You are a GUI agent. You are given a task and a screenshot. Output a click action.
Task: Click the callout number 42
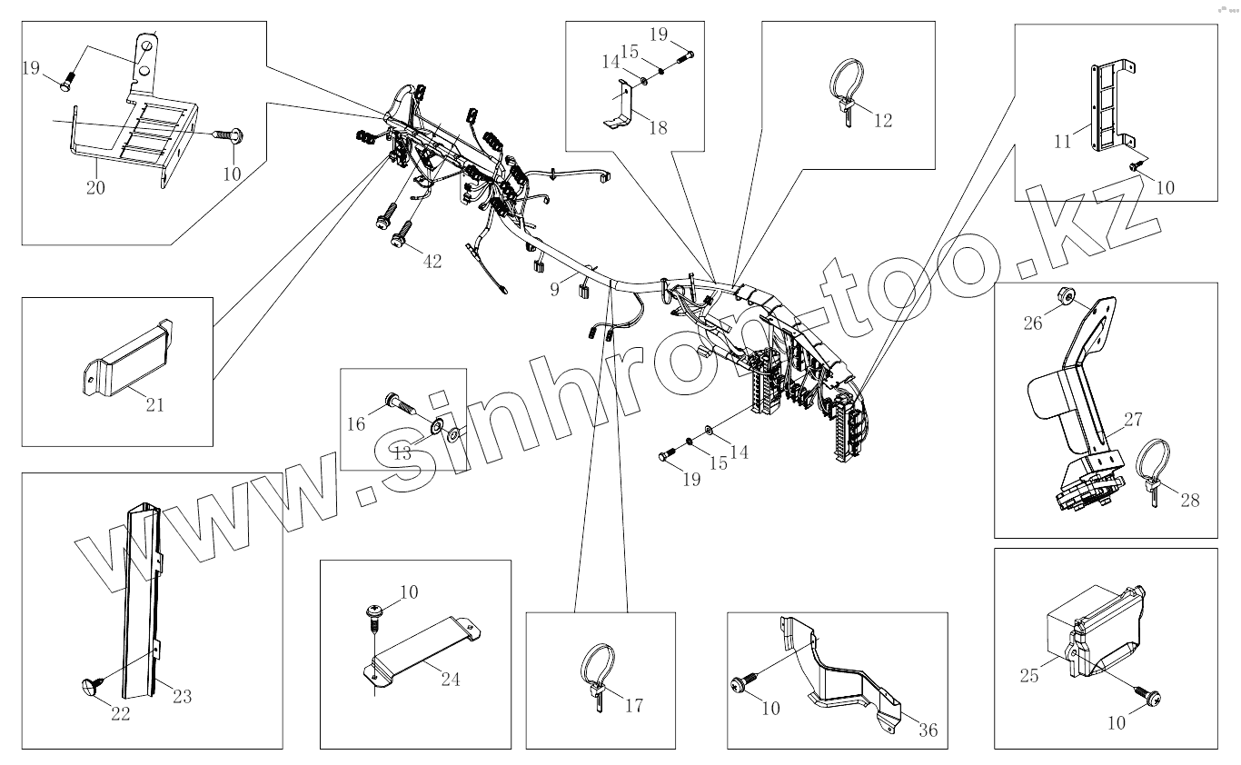pyautogui.click(x=432, y=262)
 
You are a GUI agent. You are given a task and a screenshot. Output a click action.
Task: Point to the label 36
pyautogui.click(x=928, y=729)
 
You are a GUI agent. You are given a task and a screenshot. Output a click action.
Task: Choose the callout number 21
pyautogui.click(x=155, y=404)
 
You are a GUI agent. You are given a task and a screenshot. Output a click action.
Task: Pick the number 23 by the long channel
pyautogui.click(x=182, y=697)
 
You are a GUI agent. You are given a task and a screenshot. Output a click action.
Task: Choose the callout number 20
pyautogui.click(x=95, y=188)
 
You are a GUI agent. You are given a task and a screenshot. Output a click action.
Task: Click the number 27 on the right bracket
pyautogui.click(x=1132, y=419)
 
